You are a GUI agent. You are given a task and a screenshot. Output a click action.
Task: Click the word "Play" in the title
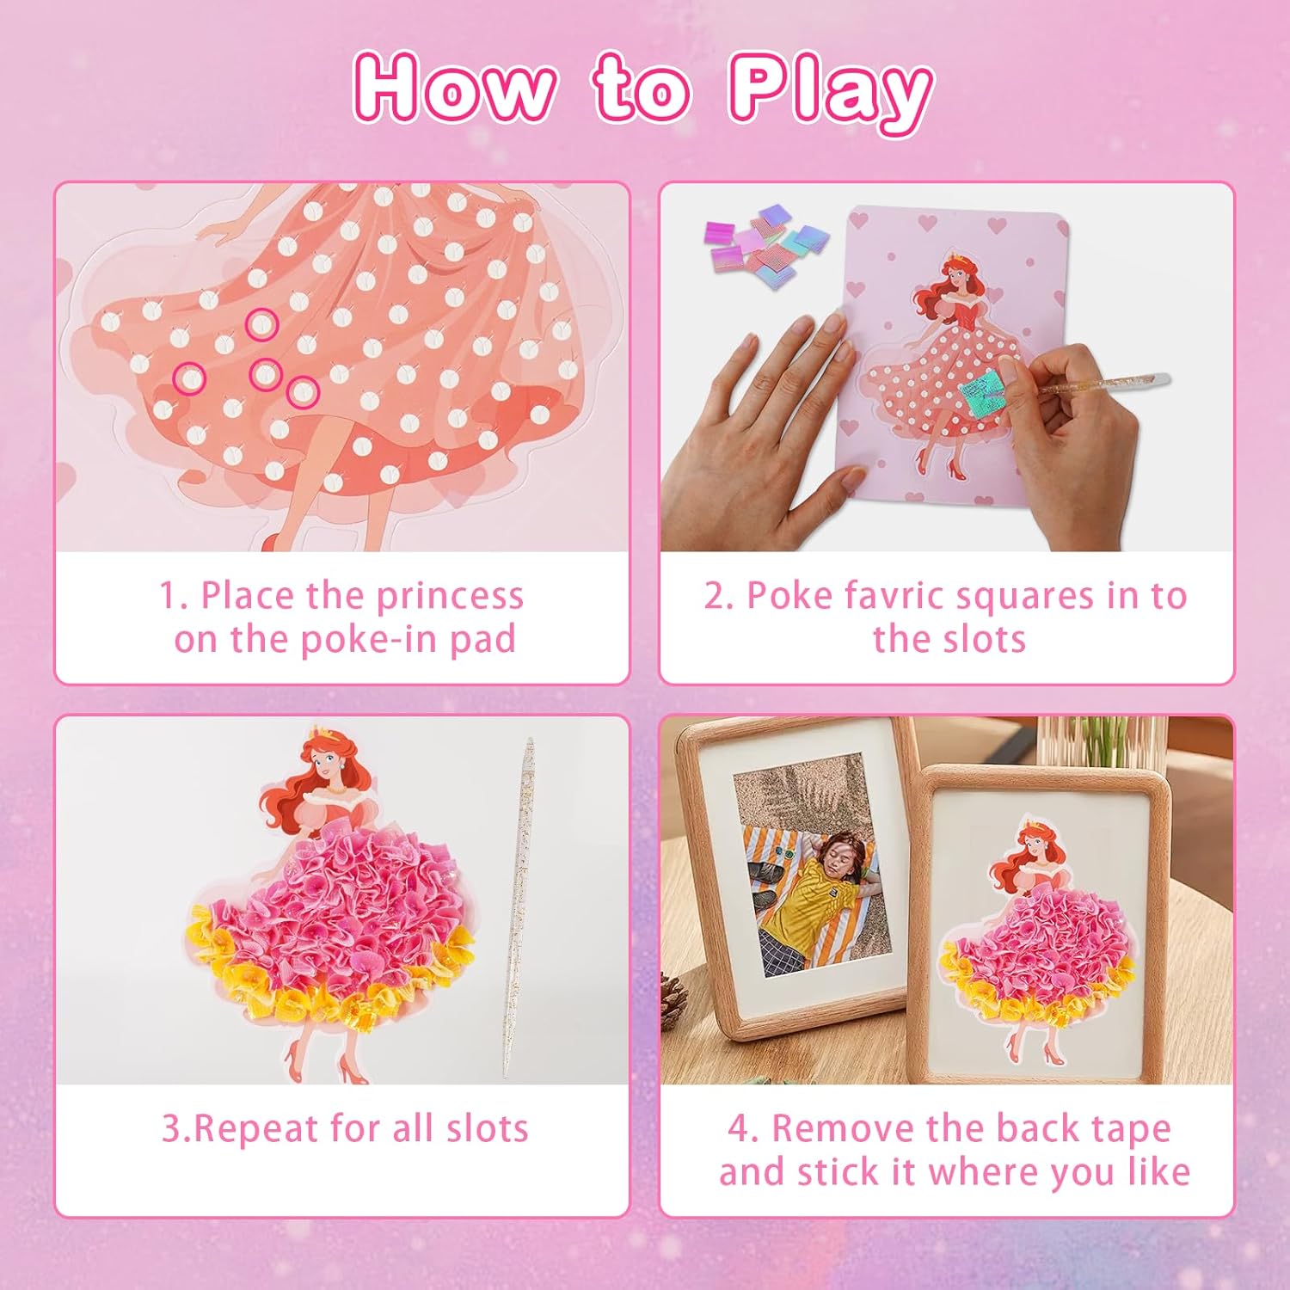click(831, 91)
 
